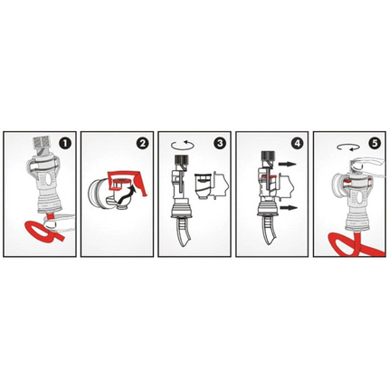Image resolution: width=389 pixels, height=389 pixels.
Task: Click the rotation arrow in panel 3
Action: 179,143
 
